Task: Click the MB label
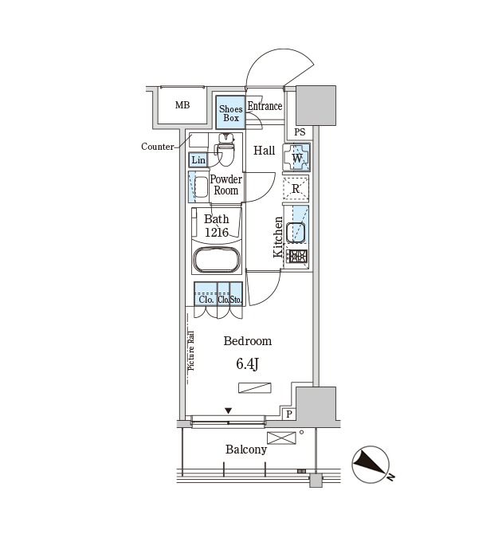[x=182, y=105]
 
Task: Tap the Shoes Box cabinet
[x=230, y=112]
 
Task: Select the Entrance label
[x=265, y=106]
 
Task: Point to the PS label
[x=300, y=132]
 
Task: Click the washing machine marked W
[x=296, y=157]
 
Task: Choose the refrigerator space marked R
[x=296, y=188]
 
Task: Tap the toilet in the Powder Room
[x=226, y=150]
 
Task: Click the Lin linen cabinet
[x=198, y=159]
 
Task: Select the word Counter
[x=157, y=147]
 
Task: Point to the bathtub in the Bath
[x=217, y=260]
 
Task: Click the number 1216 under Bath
[x=217, y=232]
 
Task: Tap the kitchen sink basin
[x=296, y=233]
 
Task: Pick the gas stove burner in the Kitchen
[x=296, y=257]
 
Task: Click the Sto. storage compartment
[x=236, y=293]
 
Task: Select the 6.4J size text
[x=247, y=364]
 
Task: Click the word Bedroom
[x=248, y=341]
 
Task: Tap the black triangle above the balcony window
[x=228, y=410]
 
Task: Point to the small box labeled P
[x=289, y=414]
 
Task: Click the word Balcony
[x=246, y=450]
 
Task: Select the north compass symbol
[x=371, y=465]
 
